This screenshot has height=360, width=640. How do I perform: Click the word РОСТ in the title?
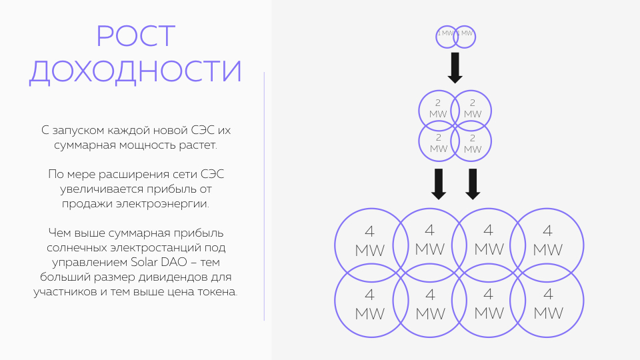click(x=136, y=36)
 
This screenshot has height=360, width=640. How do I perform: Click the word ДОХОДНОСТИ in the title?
click(x=136, y=71)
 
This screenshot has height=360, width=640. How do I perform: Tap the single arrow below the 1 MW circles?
click(x=455, y=67)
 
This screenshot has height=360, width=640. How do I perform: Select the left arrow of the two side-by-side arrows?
click(x=438, y=183)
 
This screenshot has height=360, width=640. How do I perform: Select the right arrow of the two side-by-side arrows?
click(x=473, y=183)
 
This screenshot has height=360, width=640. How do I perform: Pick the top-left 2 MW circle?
click(x=438, y=108)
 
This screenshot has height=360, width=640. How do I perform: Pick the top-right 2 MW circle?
click(x=473, y=108)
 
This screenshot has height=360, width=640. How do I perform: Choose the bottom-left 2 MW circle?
click(x=438, y=143)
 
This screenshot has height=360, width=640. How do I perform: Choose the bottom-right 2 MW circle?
click(x=473, y=143)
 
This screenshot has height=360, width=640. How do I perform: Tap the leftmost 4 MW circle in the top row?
click(x=370, y=241)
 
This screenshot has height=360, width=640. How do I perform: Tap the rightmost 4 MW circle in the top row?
click(x=547, y=241)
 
